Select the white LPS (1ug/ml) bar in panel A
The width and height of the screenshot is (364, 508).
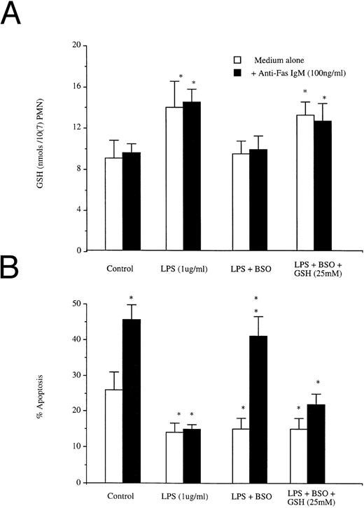click(x=174, y=178)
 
